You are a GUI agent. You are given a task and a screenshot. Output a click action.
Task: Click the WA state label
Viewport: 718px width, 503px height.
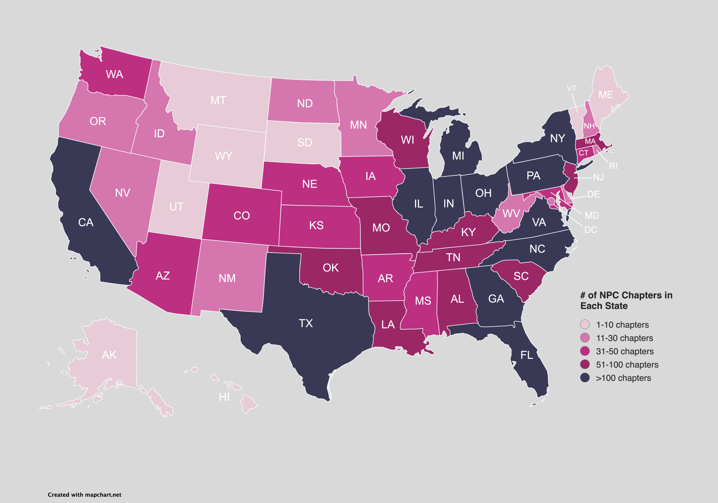[114, 74]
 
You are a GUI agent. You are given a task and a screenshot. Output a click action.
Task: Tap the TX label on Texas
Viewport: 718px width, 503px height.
[306, 323]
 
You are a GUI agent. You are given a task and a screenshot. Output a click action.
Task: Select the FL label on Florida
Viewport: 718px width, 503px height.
[527, 355]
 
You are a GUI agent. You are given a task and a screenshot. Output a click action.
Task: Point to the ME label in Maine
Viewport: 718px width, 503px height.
[605, 95]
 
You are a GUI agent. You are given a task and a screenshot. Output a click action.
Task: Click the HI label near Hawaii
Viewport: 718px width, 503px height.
[224, 397]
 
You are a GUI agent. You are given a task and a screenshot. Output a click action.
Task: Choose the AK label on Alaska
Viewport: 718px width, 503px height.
[109, 355]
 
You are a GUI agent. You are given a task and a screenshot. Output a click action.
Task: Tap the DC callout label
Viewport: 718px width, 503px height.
[591, 230]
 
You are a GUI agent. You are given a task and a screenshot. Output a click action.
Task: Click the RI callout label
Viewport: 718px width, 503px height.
[613, 166]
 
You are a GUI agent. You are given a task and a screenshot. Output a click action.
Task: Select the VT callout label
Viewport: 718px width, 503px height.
[571, 88]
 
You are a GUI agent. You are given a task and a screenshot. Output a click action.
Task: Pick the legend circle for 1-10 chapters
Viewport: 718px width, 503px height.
[585, 324]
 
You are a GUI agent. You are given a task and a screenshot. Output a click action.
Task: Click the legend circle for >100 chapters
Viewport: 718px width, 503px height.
[585, 378]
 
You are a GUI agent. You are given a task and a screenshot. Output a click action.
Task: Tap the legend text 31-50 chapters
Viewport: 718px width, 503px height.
[625, 351]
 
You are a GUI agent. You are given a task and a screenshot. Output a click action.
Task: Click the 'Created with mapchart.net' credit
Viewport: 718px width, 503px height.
[84, 495]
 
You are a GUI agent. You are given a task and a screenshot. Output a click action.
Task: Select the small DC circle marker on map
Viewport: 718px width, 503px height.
[551, 201]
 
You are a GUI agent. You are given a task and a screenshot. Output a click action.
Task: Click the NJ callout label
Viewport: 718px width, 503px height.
[598, 177]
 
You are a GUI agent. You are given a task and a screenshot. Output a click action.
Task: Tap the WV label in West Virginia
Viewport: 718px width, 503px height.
[511, 214]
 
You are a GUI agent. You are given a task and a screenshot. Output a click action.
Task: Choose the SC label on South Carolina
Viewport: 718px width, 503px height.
[521, 276]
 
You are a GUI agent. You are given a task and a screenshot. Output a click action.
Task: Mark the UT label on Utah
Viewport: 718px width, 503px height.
[176, 207]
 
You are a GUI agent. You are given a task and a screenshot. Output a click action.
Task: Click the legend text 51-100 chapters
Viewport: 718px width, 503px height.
[627, 364]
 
